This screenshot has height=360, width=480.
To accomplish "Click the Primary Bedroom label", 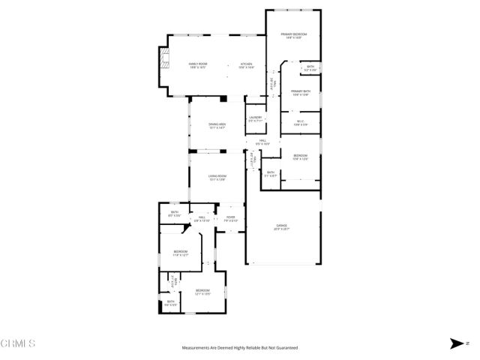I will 292,34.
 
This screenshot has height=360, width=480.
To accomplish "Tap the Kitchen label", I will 247,64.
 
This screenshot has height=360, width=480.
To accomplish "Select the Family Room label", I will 198,64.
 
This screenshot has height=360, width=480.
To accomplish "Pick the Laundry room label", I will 254,117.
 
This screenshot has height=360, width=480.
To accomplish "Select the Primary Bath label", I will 301,91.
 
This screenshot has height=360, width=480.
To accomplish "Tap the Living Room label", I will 217,175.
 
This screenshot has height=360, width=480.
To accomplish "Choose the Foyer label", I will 231,217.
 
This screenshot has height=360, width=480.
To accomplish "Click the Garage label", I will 281,225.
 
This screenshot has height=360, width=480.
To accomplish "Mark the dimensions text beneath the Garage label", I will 281,229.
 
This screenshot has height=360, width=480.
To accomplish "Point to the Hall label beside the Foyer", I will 202,217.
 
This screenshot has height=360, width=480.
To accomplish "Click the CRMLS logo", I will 18,344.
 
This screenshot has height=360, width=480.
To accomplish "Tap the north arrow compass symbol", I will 457,343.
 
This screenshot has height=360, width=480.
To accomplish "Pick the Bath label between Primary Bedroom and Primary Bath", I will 310,67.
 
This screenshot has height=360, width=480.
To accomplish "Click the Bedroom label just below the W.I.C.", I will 300,154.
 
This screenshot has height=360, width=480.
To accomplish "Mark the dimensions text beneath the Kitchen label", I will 247,68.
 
